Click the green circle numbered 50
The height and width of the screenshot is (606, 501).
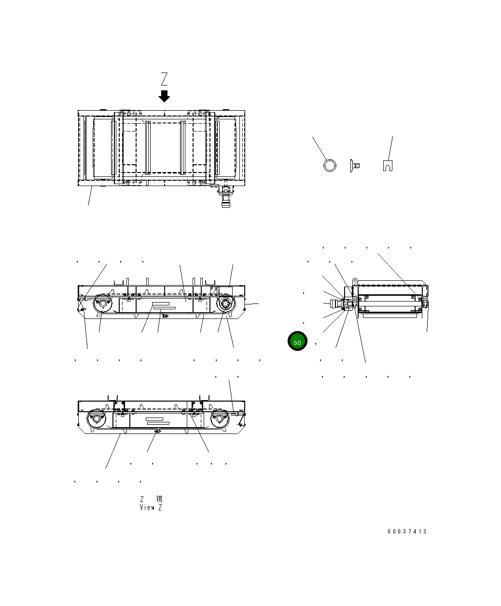click(297, 342)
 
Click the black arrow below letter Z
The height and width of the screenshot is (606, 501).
click(165, 96)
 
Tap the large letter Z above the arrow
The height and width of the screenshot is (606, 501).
click(165, 79)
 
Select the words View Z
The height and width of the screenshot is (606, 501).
click(151, 507)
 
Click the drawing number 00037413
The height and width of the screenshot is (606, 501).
click(407, 532)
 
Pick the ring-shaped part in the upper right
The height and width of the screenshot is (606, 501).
click(330, 165)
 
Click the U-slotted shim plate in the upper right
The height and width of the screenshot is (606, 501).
click(387, 165)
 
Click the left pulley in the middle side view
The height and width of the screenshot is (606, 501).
click(102, 304)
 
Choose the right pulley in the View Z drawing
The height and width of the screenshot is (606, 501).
click(220, 418)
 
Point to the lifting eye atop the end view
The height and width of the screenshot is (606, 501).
click(354, 280)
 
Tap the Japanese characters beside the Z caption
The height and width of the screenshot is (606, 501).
click(159, 499)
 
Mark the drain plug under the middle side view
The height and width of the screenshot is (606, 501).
click(165, 316)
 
